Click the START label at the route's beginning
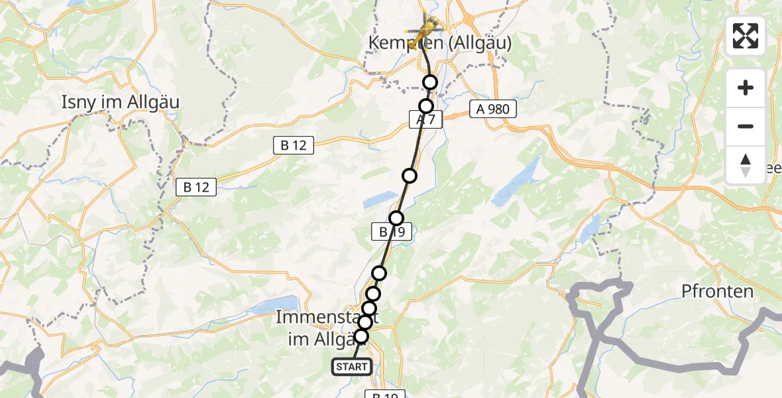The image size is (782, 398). (352, 367)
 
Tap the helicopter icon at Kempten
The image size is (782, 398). (425, 32)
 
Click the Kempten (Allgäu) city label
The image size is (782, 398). (440, 43)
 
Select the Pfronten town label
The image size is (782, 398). (718, 291)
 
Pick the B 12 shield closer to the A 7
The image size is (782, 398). (294, 145)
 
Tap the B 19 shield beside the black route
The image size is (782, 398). (392, 232)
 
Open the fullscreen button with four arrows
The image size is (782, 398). (746, 36)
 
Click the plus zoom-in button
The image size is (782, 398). (746, 88)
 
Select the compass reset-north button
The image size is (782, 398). (746, 165)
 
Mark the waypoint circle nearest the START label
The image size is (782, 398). (361, 336)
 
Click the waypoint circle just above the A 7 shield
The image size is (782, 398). (426, 106)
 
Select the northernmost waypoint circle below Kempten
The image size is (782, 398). (431, 82)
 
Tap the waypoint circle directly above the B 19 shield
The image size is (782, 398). (396, 218)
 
